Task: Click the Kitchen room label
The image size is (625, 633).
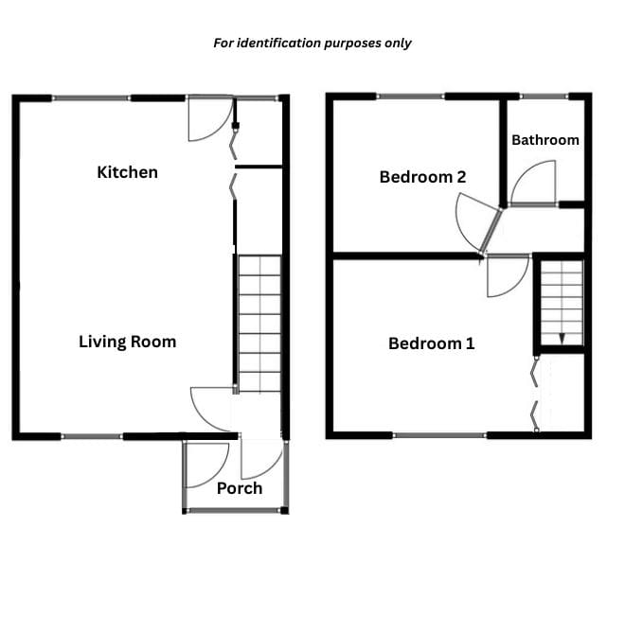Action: point(127,172)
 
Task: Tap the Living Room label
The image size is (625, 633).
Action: point(127,342)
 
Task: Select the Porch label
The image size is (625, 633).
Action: point(240,488)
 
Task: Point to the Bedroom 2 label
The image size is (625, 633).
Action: point(422,177)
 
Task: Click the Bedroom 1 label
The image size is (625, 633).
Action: point(431,343)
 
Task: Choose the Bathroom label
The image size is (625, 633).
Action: point(545,140)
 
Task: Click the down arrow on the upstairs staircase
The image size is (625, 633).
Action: point(562,339)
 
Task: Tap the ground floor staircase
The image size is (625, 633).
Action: point(259,324)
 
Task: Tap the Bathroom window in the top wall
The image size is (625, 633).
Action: point(545,97)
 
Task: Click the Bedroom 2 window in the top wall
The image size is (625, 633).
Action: point(410,97)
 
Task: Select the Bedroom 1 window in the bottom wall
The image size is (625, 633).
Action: point(439,435)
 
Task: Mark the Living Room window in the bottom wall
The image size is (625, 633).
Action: point(92,436)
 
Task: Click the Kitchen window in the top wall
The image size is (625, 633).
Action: point(91,98)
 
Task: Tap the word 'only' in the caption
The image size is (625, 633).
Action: point(398,44)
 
